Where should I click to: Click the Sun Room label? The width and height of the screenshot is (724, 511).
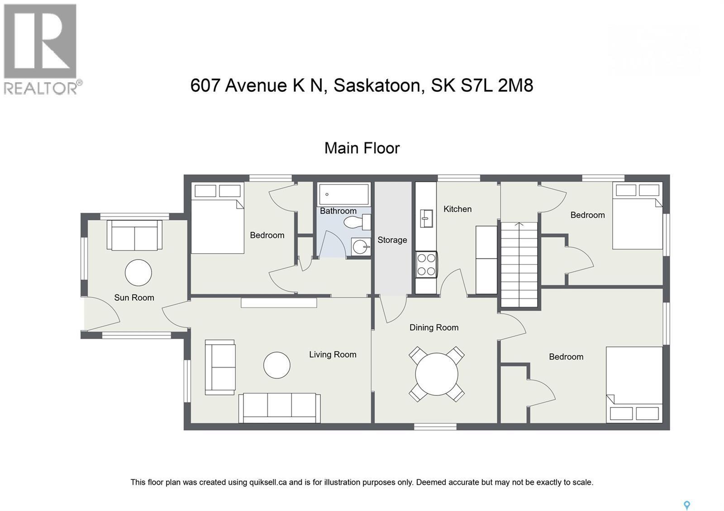click(134, 298)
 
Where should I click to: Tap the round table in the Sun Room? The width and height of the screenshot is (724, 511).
click(138, 273)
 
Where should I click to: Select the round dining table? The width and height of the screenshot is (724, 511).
click(437, 374)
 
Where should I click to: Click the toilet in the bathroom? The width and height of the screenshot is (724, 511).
click(357, 222)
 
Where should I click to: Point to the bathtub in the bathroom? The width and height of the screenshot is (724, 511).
click(343, 194)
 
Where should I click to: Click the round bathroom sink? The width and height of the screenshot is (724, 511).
click(361, 247)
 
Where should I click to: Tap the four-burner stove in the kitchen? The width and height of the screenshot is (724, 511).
click(426, 265)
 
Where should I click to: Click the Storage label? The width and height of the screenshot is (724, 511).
click(392, 240)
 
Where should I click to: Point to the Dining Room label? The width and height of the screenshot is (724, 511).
click(434, 327)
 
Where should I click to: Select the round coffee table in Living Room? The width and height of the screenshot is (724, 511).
click(276, 365)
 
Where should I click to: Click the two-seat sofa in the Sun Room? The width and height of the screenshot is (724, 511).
click(134, 235)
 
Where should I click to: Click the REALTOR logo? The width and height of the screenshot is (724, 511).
click(41, 49)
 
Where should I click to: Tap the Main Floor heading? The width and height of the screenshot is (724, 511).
click(362, 148)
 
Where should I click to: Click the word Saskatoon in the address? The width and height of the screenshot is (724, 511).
click(378, 85)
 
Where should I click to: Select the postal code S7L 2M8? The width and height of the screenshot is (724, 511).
click(497, 85)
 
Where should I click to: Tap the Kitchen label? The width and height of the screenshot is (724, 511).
click(457, 209)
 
